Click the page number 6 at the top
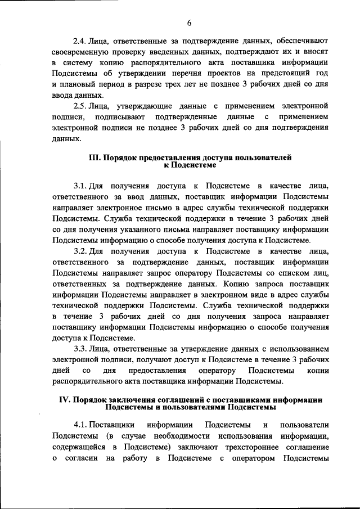coord(189,22)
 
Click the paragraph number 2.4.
coord(80,42)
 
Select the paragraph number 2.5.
coord(80,106)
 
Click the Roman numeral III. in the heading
coord(95,159)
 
